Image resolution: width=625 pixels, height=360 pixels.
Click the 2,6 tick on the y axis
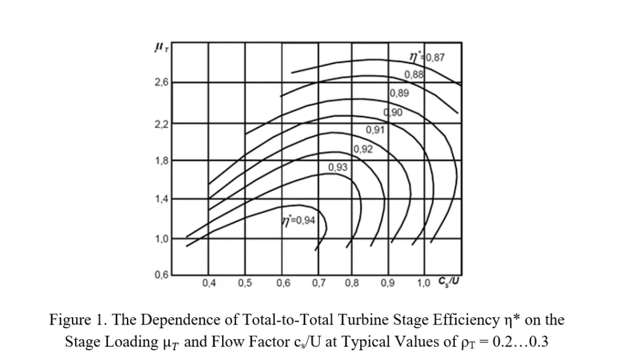point(162,82)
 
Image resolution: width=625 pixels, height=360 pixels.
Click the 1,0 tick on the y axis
point(162,238)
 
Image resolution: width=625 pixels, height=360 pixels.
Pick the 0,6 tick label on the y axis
point(162,275)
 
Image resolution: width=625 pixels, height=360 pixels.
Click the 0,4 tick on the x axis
point(209,283)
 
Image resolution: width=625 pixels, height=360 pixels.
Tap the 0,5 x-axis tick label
point(245,283)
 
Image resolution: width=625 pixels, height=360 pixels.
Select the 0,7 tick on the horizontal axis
point(318,283)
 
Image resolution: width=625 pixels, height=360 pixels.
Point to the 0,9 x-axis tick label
point(387,283)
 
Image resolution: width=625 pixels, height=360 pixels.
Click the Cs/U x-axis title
point(449,282)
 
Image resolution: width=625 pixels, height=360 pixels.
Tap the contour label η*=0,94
point(297,220)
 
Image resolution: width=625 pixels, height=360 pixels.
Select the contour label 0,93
point(338,167)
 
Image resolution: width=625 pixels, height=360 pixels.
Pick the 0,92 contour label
point(363,148)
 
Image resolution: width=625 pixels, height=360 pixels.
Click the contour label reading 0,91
point(375,130)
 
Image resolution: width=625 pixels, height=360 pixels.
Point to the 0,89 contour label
point(400,94)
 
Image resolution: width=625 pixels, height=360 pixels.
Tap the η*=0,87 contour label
point(429,59)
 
